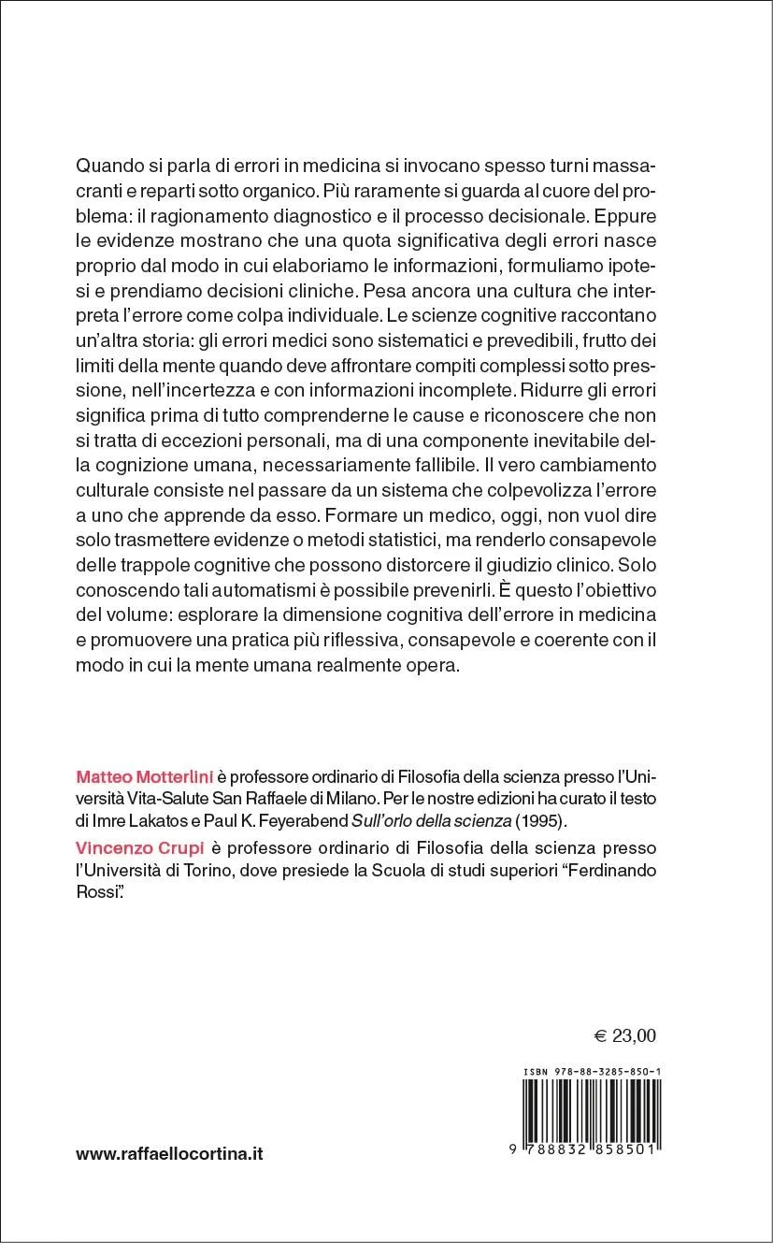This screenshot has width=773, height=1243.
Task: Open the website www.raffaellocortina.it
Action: (x=169, y=1154)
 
